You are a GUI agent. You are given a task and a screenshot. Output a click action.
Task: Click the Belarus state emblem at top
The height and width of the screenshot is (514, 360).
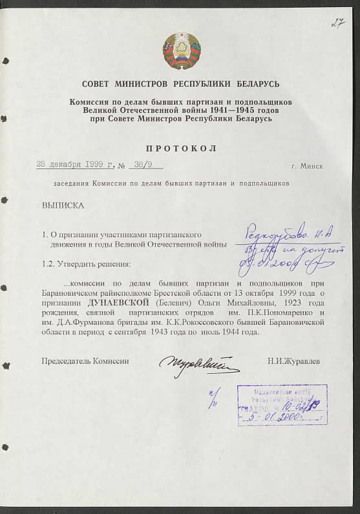coord(182,51)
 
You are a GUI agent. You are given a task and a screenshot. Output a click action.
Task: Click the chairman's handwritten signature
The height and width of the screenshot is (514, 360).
coord(198,364)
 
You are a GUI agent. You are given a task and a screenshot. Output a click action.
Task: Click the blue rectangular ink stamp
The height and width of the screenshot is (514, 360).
coord(282,404)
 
